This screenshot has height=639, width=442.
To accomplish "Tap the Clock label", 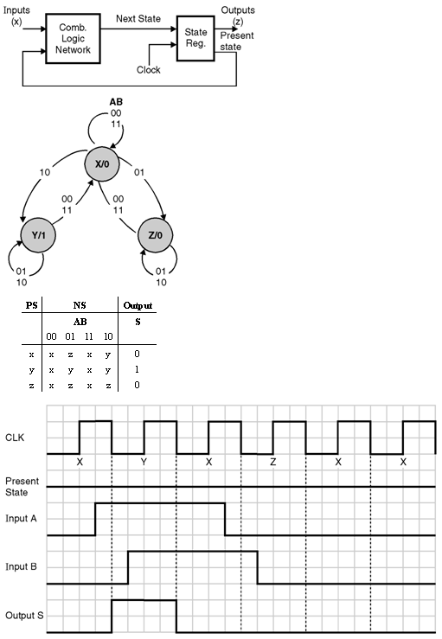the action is click(149, 70).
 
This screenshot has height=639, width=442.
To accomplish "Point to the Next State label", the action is click(138, 18).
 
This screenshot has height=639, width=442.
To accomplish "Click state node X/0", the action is click(102, 163).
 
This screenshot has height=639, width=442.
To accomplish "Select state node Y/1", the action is click(38, 235).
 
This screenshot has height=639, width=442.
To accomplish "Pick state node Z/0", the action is click(156, 235).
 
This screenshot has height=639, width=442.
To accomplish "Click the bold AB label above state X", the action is click(116, 102).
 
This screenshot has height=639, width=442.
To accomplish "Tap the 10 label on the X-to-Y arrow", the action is click(45, 172).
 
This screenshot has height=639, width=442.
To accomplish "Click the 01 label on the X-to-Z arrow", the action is click(139, 172).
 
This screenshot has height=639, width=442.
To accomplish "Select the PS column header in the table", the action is click(31, 305).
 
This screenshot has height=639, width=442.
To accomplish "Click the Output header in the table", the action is click(138, 305).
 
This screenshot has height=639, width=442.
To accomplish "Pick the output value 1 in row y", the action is click(137, 369).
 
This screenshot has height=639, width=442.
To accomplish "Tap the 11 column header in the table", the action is click(89, 336).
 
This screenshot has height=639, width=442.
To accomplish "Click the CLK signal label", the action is click(15, 438).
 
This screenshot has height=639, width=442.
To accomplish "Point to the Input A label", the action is click(21, 518).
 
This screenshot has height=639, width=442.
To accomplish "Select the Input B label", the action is click(21, 567).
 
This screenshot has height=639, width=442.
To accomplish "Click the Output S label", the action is click(24, 616).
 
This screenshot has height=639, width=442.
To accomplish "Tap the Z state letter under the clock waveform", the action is click(272, 462).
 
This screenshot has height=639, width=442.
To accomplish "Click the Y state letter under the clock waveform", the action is click(144, 462).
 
